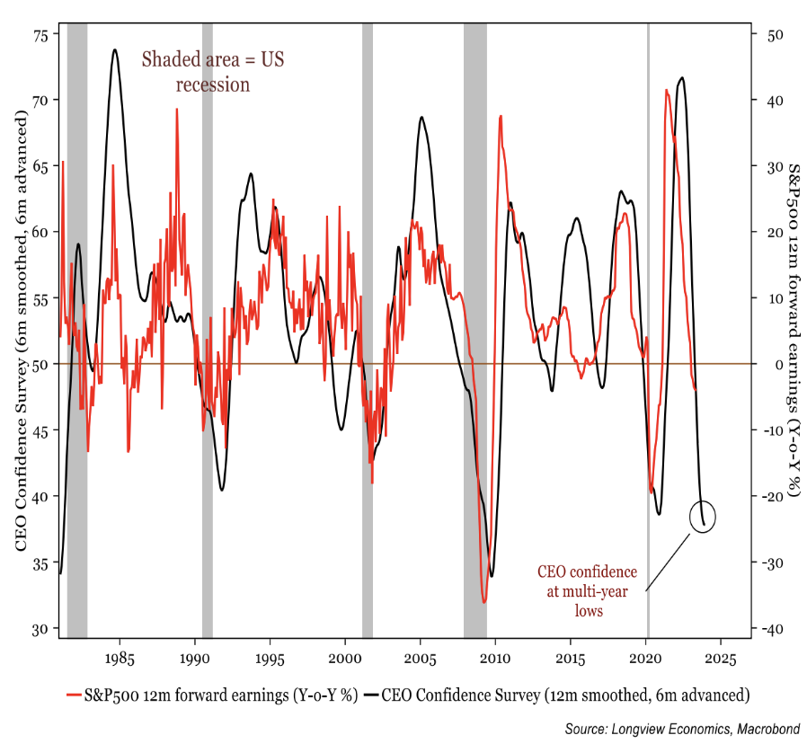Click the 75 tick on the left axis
coord(40,34)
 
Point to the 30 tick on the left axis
coord(40,628)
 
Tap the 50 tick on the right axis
coord(774,34)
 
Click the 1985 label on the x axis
coord(119,658)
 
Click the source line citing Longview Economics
coord(682,727)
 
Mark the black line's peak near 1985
coord(115,50)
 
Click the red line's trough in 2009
coord(483,602)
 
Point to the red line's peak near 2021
coord(666,90)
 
